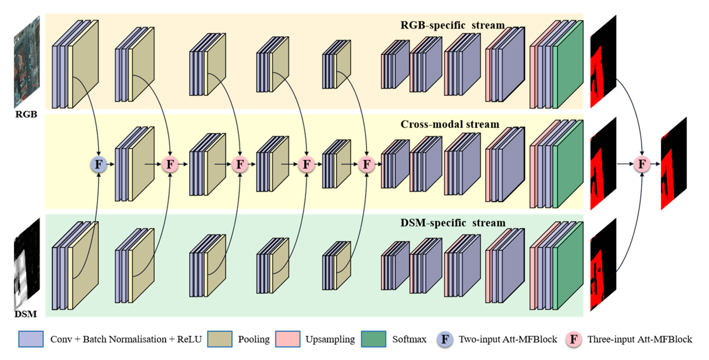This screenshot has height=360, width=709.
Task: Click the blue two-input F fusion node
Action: point(98,164)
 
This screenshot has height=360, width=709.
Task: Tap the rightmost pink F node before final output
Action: point(642,164)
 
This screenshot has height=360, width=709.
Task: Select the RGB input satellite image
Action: point(27,62)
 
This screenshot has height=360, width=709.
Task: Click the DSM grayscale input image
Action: point(27,264)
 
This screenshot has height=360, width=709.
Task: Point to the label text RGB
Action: point(26,114)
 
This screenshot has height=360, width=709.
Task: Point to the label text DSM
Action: point(26,314)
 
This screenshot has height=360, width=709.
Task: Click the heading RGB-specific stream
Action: point(452,25)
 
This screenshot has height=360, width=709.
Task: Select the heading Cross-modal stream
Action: point(450,125)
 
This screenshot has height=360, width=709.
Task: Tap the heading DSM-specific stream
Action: point(453,223)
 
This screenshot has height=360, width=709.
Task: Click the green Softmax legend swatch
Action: point(374,339)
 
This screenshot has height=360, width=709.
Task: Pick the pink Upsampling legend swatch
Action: point(288,339)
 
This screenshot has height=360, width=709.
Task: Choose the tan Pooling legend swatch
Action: point(220,339)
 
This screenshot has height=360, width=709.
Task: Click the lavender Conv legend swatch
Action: point(31,339)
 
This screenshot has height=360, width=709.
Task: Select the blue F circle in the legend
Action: point(445,339)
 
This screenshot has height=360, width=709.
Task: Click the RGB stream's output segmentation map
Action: point(603,62)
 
